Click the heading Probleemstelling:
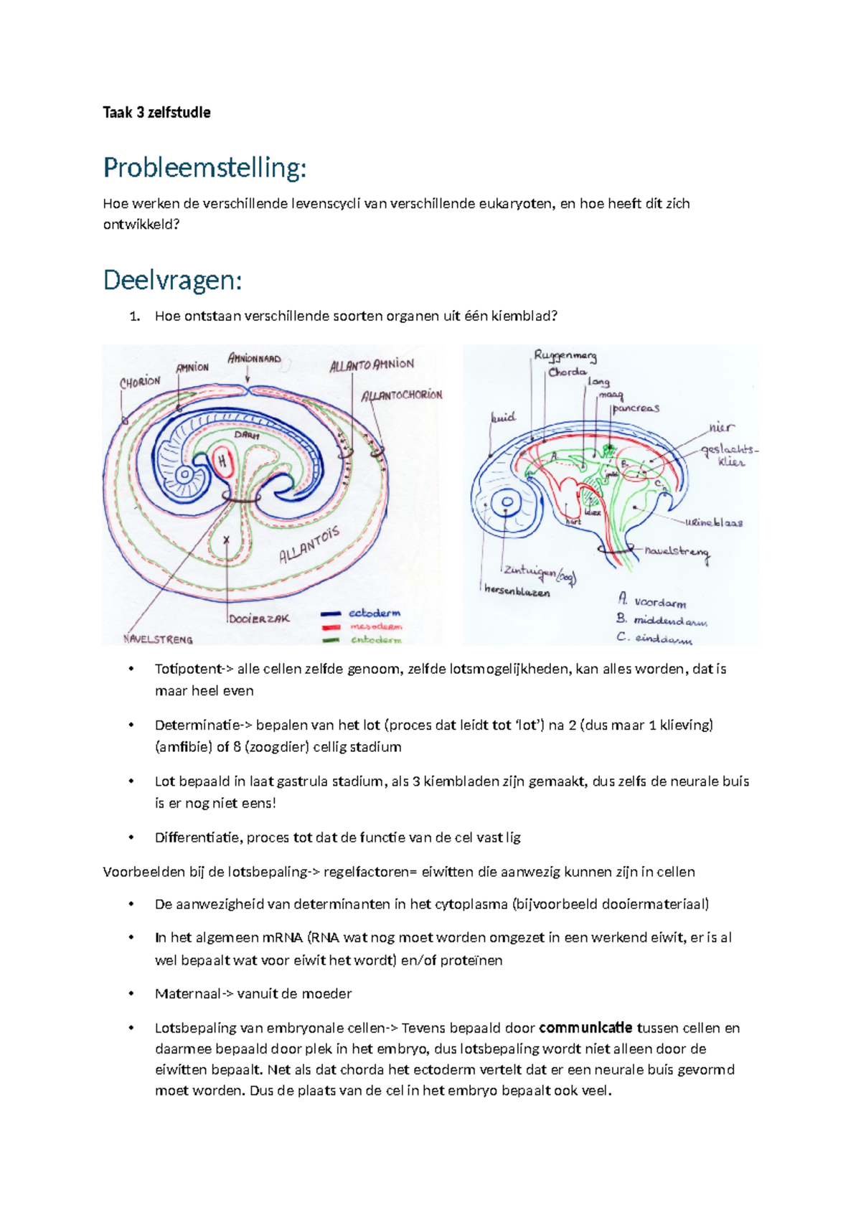point(204,168)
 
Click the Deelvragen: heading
point(172,280)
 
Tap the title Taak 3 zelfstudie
point(156,112)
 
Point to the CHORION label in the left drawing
point(140,382)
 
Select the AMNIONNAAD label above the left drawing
point(254,358)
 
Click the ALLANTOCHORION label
point(402,395)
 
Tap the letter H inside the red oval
point(223,461)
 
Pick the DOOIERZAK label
point(260,618)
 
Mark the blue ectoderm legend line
point(331,614)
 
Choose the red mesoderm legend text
point(375,626)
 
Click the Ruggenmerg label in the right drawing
point(565,356)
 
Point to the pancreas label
point(636,408)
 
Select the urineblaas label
point(713,522)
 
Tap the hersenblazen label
point(517,592)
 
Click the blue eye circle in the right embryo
point(508,502)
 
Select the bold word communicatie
point(585,1028)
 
